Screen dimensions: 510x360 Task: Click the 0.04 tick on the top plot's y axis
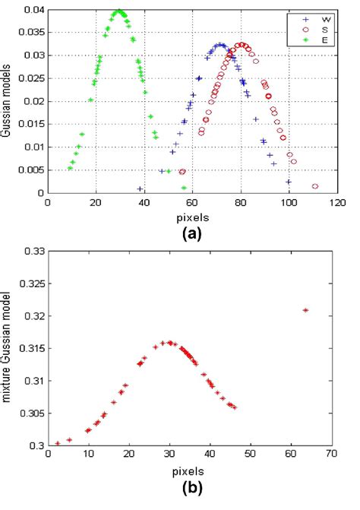coord(33,10)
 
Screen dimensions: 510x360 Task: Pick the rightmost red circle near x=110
coord(314,186)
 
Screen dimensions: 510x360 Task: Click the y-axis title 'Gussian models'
coord(7,101)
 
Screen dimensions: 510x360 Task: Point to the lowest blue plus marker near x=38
coord(140,188)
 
